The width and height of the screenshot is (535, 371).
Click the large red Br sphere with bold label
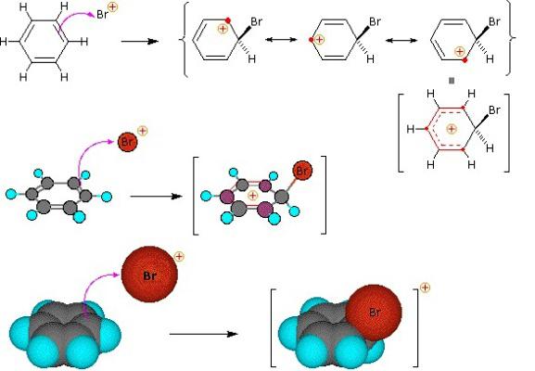[x=149, y=275]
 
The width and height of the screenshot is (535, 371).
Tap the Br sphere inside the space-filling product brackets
[x=374, y=313]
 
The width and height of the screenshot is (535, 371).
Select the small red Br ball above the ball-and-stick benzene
[x=127, y=142]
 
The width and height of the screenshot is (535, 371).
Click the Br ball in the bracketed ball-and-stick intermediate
[x=302, y=171]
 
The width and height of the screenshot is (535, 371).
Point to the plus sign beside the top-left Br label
[x=112, y=7]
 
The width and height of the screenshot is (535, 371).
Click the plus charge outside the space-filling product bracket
[x=426, y=288]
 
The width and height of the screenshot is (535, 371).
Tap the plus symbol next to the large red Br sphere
[x=179, y=256]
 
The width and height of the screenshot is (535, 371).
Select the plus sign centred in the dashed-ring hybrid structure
[x=452, y=129]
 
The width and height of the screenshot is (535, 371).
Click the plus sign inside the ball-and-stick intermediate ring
[x=252, y=195]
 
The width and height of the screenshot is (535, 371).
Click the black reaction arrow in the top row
[x=140, y=42]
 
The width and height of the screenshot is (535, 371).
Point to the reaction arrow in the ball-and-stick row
[x=157, y=197]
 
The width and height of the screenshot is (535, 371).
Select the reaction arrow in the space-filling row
[x=204, y=334]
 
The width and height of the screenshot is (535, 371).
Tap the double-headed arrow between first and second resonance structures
[x=281, y=40]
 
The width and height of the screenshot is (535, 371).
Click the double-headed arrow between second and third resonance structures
[x=401, y=40]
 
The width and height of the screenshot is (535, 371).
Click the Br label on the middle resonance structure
[x=375, y=22]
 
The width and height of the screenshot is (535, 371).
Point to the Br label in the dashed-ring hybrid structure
[x=495, y=110]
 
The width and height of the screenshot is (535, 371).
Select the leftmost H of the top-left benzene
[x=4, y=42]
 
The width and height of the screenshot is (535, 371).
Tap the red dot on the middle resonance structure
[x=311, y=40]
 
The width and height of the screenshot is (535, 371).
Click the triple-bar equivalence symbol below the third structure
[x=452, y=81]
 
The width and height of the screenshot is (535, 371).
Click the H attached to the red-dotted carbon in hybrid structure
[x=411, y=129]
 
